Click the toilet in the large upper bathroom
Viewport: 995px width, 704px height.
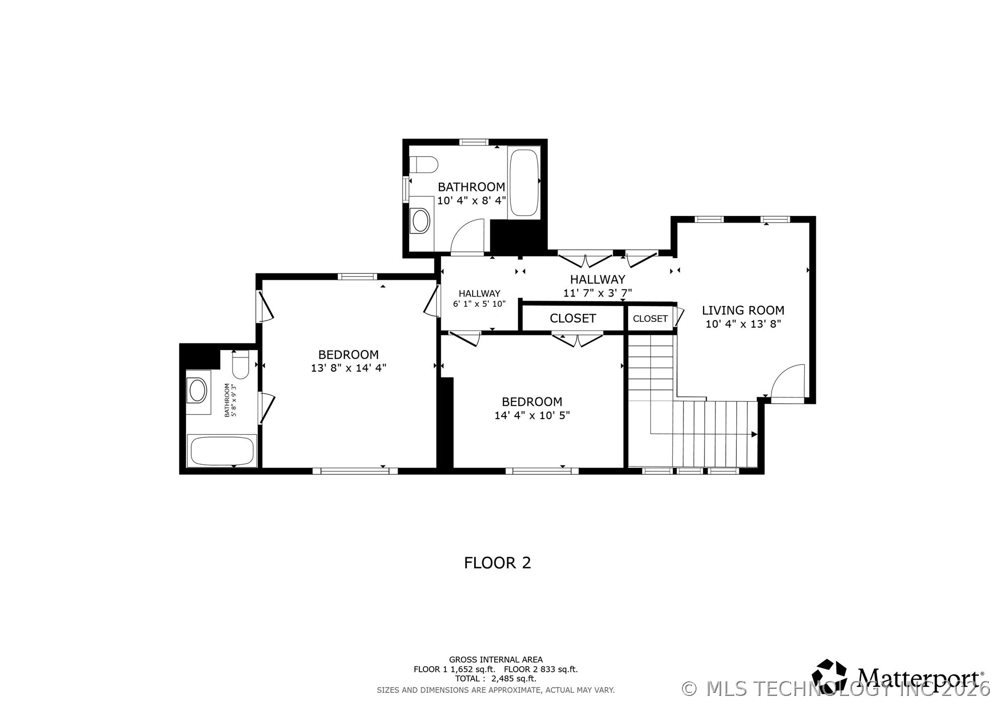coord(423,165)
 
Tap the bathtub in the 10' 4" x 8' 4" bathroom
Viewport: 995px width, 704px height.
coord(524,183)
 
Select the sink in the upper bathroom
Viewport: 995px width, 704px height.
coord(420,221)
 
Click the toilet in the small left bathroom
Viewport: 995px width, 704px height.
coord(241,365)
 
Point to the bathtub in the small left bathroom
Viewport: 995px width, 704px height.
coord(222,451)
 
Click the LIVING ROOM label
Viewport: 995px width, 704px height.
coord(743,311)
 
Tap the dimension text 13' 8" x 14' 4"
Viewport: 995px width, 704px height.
coord(348,368)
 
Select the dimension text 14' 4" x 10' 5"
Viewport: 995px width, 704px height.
coord(532,415)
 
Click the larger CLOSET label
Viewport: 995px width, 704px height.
coord(573,318)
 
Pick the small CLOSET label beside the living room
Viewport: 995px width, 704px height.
coord(650,319)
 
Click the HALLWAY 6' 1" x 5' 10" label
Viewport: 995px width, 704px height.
coord(479,299)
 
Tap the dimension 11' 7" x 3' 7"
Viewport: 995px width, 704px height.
coord(597,293)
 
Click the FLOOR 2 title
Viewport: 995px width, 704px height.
coord(497,562)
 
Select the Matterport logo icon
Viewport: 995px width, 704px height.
coord(829,676)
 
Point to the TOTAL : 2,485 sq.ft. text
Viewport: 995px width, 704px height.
coord(496,679)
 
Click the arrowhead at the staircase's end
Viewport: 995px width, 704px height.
coord(754,434)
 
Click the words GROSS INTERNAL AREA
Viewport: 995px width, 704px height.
coord(496,660)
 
